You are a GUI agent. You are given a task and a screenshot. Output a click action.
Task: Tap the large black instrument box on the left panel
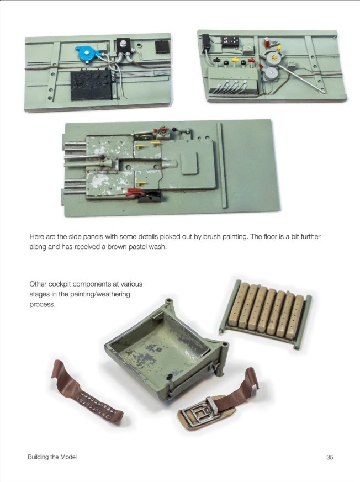click(91, 84)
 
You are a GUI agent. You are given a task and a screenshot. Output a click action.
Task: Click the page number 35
click(330, 457)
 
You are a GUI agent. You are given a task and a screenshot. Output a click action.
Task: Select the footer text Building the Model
click(52, 457)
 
